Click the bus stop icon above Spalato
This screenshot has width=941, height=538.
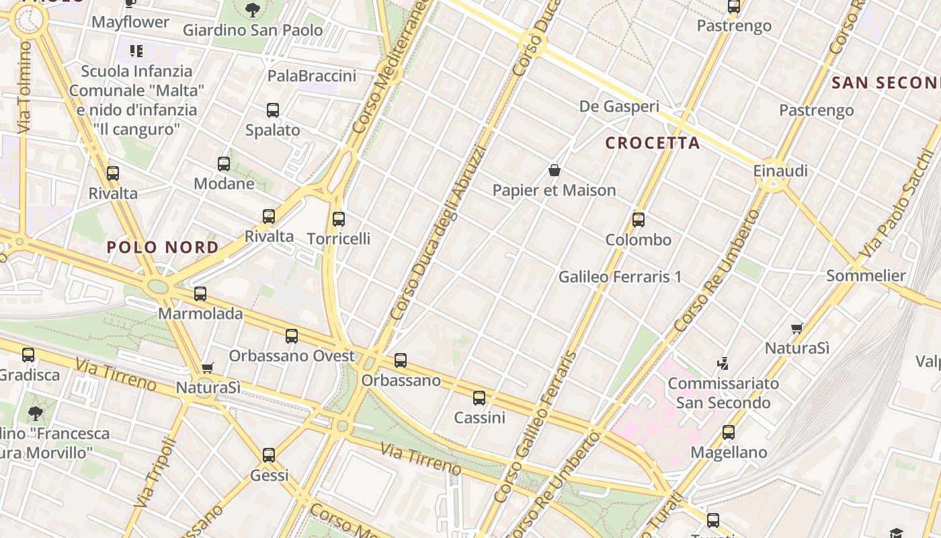coord(272,110)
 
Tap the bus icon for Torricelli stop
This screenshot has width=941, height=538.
coord(339,219)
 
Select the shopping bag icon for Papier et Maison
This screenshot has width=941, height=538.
coord(555,170)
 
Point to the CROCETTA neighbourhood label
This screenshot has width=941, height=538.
coord(653,143)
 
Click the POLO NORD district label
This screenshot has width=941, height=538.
coord(163,247)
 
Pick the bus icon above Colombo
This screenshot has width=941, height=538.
coord(639,220)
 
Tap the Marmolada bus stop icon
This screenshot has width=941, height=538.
coord(200,294)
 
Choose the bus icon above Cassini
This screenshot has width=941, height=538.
coord(479,398)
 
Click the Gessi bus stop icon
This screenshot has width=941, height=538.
coord(269,455)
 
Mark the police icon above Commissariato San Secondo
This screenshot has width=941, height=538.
coord(723,364)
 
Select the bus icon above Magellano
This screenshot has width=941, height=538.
coord(729,432)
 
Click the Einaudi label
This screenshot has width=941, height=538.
coord(780,171)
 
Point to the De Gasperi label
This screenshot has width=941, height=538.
coord(619,106)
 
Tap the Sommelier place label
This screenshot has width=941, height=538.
coord(866,276)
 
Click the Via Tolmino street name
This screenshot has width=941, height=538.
coord(24,87)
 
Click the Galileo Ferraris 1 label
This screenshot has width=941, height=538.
coord(620,276)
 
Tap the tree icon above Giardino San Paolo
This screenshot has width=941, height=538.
coord(253,10)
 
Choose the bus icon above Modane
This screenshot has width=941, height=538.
coord(224,163)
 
